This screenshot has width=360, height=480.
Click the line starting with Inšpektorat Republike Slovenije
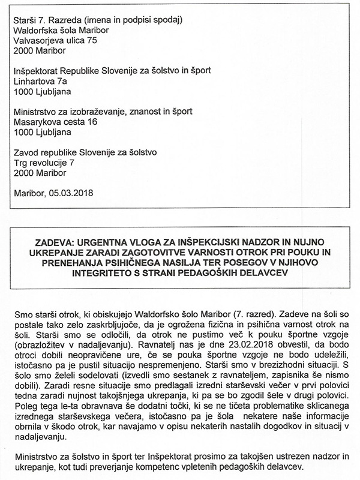112,70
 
